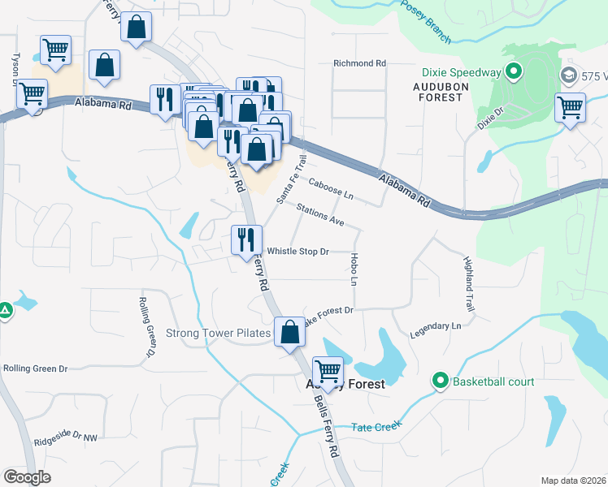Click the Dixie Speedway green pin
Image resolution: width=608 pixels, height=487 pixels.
513,73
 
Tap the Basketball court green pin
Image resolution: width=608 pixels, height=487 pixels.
441,380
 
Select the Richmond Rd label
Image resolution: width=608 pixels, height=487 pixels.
359,63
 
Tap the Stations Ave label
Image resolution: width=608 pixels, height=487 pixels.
320,215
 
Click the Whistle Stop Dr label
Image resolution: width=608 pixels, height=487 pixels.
297,252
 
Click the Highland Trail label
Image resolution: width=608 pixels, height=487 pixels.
468,285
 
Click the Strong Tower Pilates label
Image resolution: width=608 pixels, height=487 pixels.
218,334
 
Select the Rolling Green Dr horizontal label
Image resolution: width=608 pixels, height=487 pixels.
35,368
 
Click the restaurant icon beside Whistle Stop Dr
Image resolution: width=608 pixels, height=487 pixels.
245,239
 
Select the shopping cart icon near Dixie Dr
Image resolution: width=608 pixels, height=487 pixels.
570,106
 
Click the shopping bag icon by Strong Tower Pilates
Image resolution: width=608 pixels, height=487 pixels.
289,331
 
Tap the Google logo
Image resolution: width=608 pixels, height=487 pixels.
27,477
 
